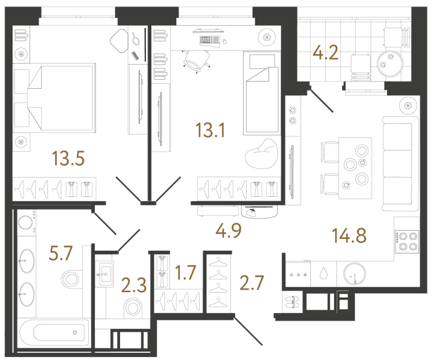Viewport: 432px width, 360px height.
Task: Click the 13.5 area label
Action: (x=68, y=158)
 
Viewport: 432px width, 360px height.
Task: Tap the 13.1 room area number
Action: (x=210, y=130)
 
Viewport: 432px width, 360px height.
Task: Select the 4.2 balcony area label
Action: (x=325, y=53)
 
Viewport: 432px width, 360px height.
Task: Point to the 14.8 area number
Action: (x=349, y=236)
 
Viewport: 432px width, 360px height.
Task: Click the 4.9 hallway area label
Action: (x=229, y=230)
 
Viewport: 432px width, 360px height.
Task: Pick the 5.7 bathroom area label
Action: (x=61, y=253)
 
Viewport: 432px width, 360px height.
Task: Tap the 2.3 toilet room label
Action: (x=134, y=285)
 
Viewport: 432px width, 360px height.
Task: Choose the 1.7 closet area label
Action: (x=185, y=272)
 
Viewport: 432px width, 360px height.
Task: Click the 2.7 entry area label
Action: (x=252, y=283)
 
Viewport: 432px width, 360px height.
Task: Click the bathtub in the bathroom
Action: (x=55, y=332)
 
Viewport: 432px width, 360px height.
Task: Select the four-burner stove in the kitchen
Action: (x=407, y=242)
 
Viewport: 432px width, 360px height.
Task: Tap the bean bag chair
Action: (x=261, y=154)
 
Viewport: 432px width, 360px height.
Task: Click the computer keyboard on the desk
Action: (x=209, y=40)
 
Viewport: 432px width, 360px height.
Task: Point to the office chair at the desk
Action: (x=196, y=61)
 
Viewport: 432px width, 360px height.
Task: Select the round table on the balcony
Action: (x=390, y=64)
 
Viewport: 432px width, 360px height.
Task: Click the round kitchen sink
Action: (x=355, y=274)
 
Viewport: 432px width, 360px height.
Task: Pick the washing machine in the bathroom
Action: (x=26, y=223)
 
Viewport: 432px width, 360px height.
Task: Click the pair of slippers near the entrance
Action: (x=292, y=302)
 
